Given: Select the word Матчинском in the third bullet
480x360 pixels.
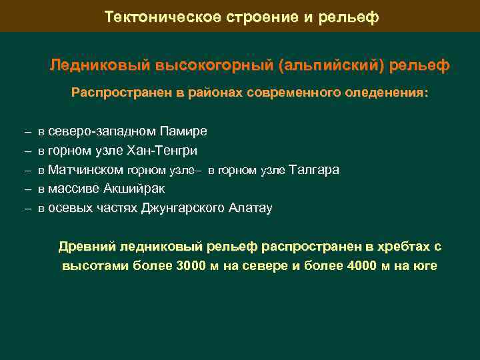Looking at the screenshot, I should click(85, 170).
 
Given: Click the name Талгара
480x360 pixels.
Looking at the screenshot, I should click(315, 170).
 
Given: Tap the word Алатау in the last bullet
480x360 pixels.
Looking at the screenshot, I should click(251, 208).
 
